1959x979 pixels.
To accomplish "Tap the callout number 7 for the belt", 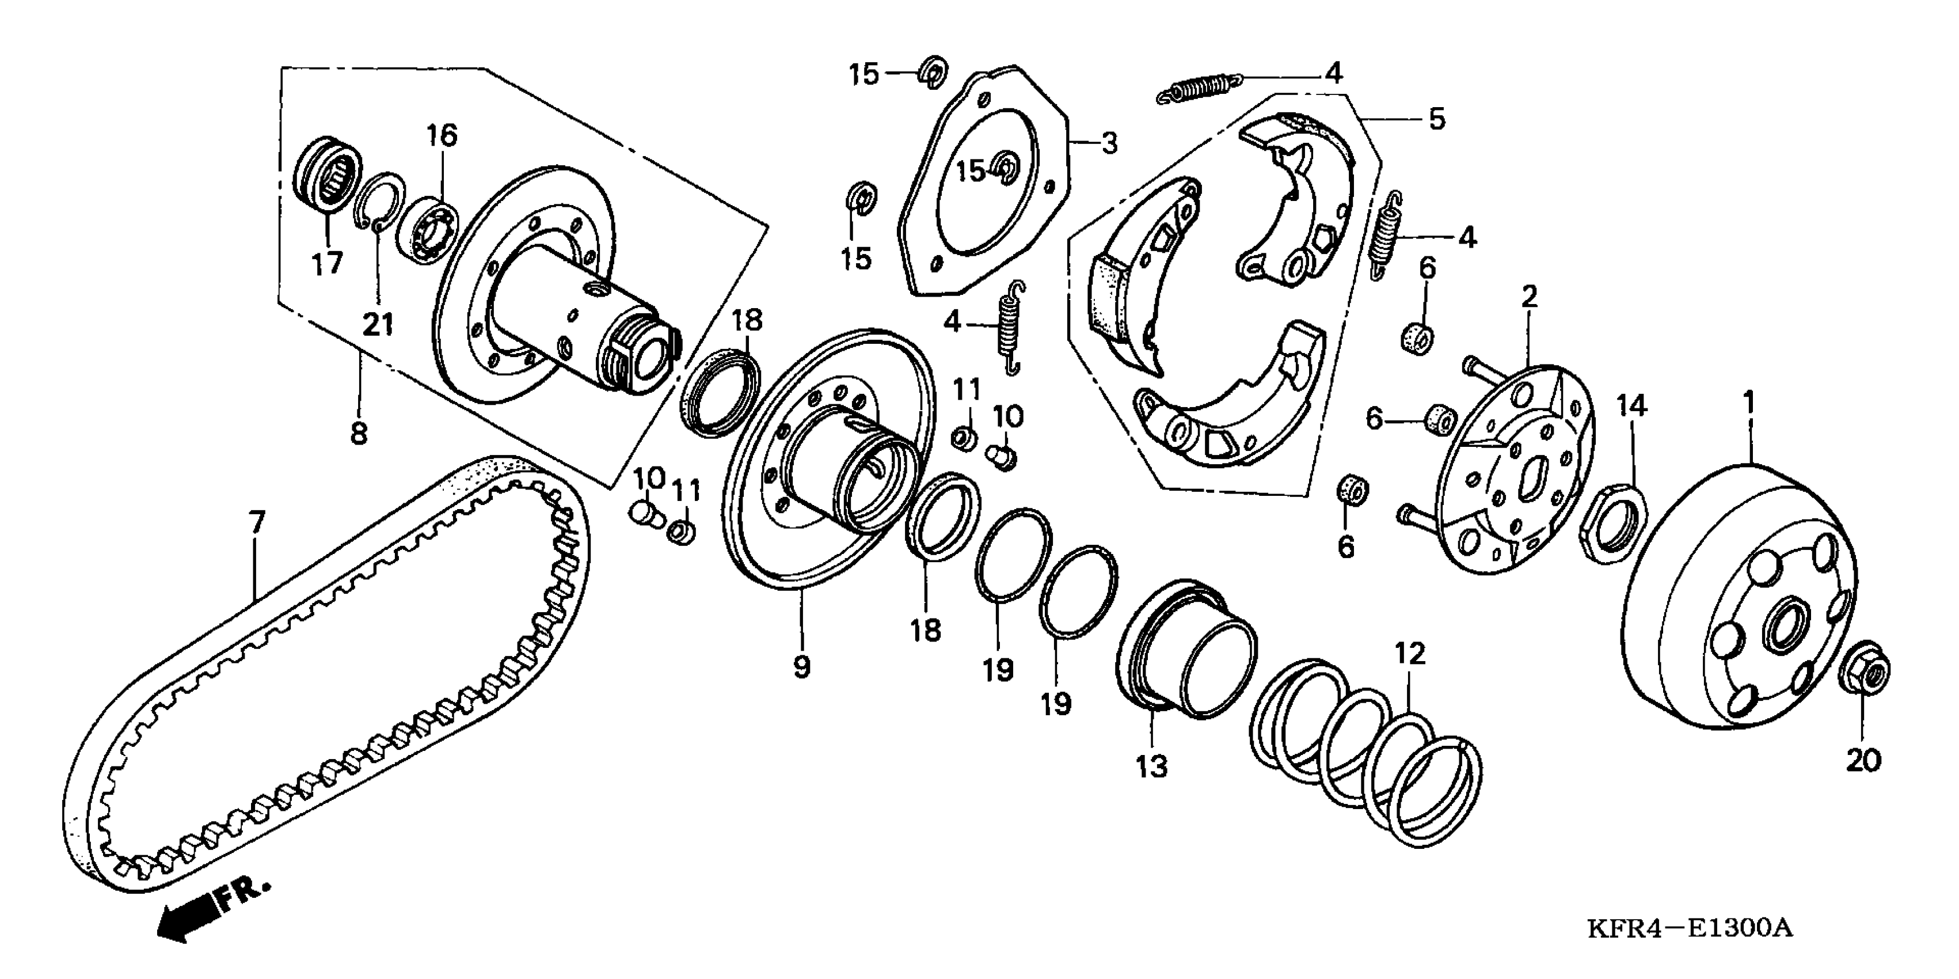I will click(257, 522).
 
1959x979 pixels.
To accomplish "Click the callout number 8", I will click(358, 434).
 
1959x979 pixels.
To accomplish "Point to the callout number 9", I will click(801, 666).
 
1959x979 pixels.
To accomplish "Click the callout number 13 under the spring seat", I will click(1151, 766).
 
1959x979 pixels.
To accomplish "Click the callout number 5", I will click(1436, 119).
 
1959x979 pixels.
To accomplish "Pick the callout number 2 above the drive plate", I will click(1528, 296).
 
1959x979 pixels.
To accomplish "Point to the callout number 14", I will click(1631, 407).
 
